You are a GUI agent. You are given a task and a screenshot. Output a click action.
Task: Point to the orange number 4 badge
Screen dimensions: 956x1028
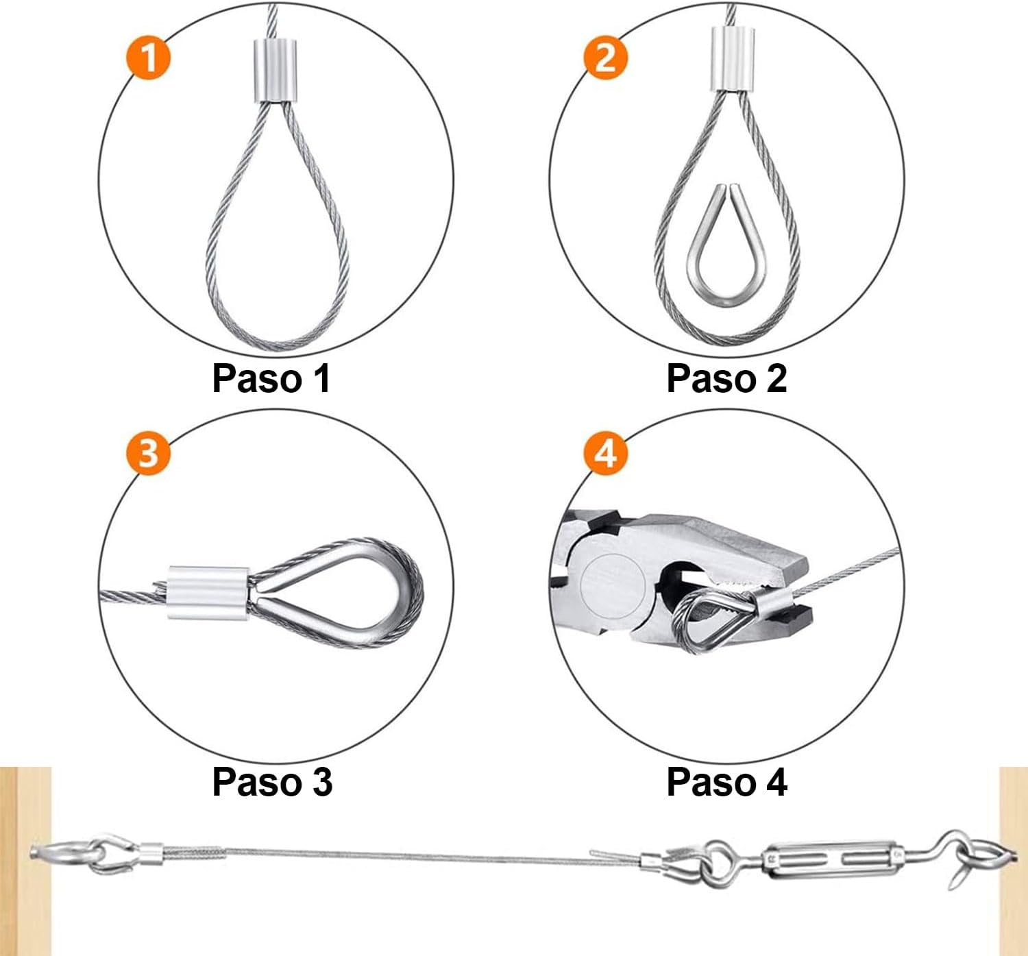(605, 453)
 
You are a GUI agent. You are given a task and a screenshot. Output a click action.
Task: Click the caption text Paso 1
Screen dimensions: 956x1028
(271, 378)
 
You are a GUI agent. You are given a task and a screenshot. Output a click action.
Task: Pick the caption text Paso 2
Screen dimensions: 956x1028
(726, 378)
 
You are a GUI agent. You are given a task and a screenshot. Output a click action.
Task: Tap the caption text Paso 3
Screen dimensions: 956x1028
(271, 782)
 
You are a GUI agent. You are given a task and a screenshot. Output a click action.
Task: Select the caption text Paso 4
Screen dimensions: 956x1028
(726, 782)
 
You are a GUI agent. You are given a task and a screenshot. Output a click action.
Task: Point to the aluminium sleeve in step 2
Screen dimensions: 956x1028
(729, 58)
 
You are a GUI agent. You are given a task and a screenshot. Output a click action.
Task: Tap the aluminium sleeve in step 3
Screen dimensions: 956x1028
(208, 590)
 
